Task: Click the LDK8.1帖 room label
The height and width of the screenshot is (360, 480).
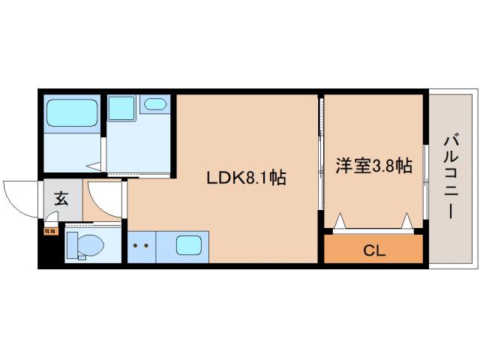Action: (x=247, y=178)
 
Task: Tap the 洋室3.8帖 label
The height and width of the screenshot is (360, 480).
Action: (x=373, y=166)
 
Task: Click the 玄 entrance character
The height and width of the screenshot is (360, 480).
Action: (x=61, y=200)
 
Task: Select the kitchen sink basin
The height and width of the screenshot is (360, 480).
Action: (x=187, y=245)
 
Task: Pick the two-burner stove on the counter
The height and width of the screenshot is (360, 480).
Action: (x=140, y=245)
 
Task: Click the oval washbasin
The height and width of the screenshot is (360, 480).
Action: (x=155, y=105)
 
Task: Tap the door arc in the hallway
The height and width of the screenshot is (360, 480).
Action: (x=105, y=199)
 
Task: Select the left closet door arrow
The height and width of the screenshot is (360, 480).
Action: (x=339, y=220)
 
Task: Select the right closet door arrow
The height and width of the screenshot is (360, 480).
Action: (x=407, y=220)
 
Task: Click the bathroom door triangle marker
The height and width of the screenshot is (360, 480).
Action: (x=93, y=166)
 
